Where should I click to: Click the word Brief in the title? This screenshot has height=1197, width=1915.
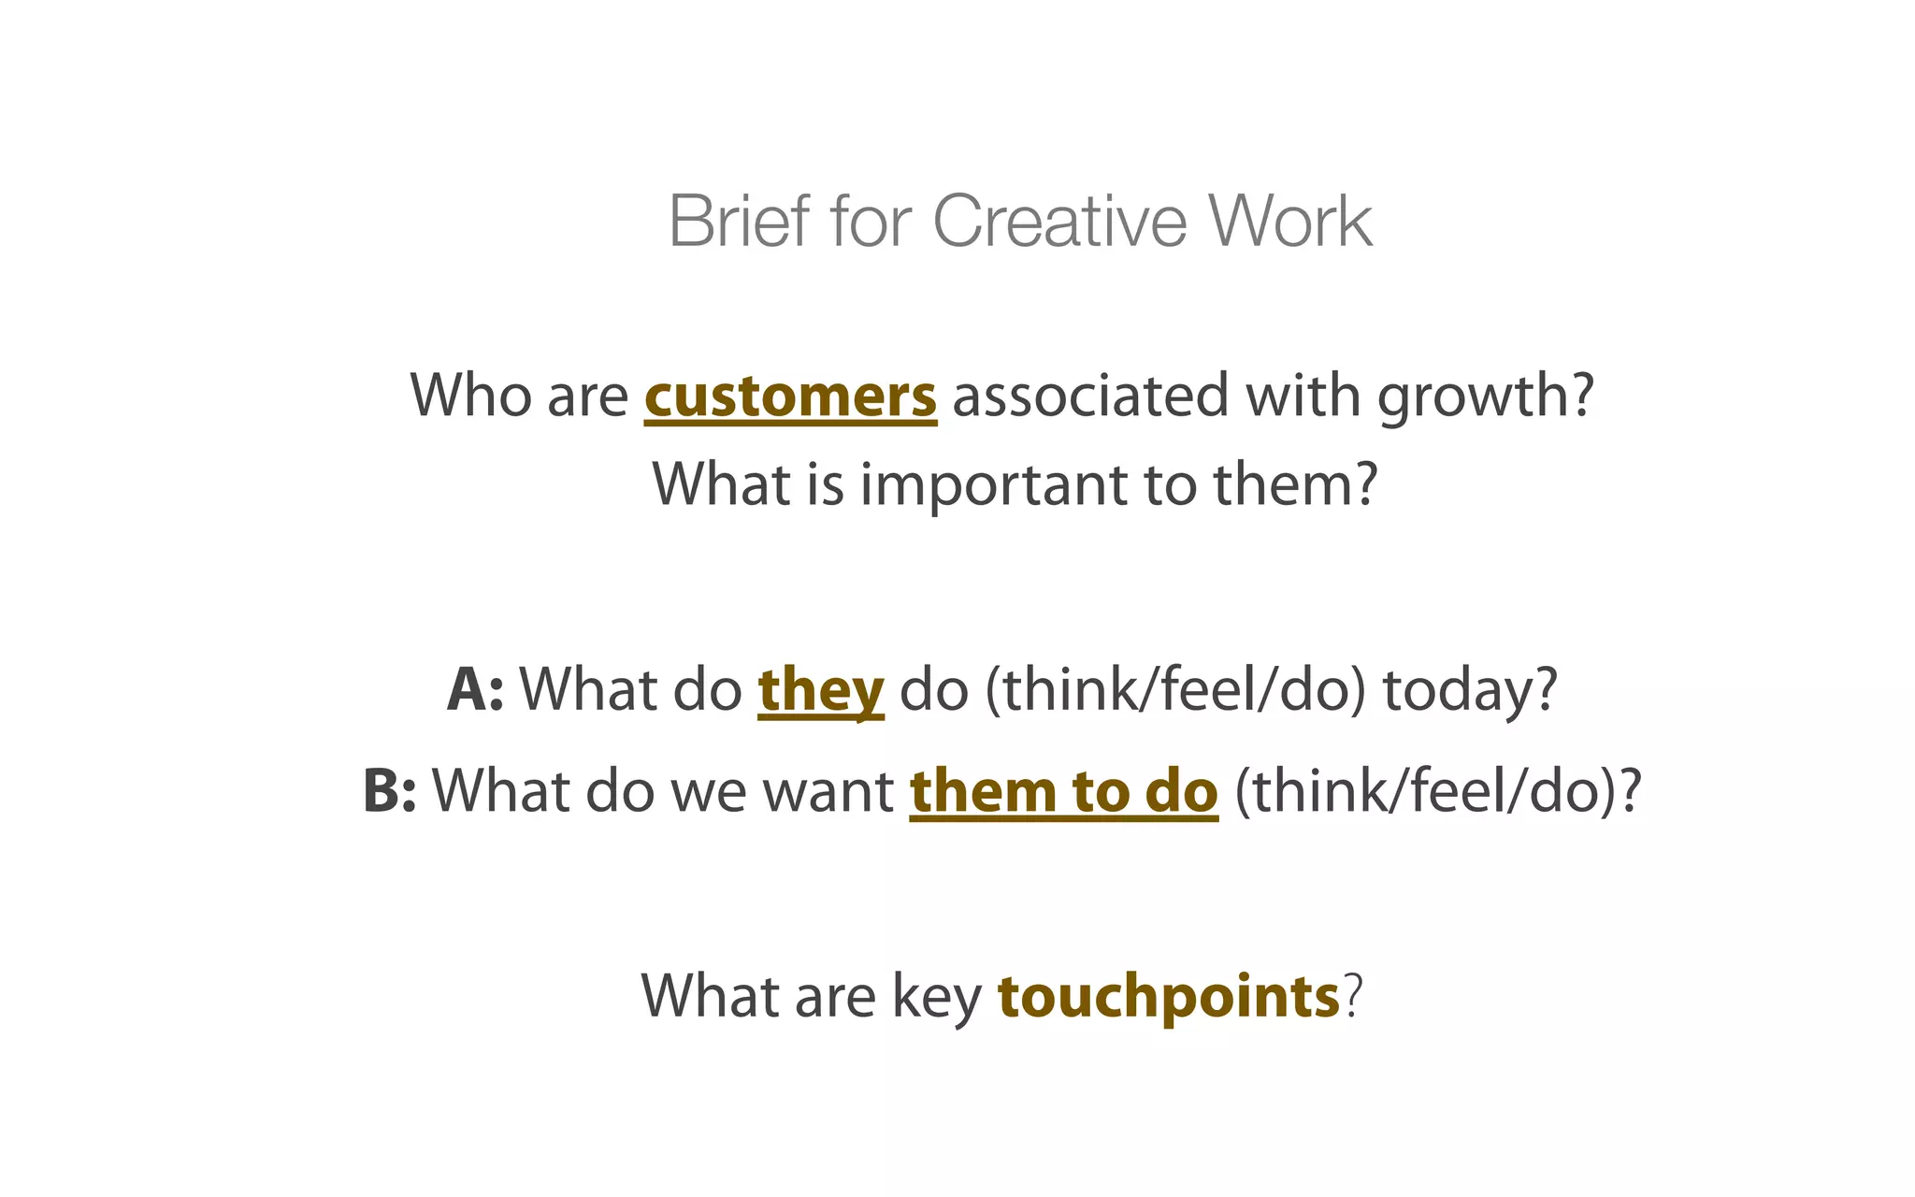click(x=739, y=222)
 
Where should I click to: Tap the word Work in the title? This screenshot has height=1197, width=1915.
click(x=1289, y=222)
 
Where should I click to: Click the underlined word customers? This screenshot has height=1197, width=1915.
click(x=790, y=397)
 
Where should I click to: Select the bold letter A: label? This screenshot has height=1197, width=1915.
click(x=475, y=690)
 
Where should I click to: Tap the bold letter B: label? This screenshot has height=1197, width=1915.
click(x=389, y=791)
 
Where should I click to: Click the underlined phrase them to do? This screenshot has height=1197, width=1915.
click(x=1063, y=791)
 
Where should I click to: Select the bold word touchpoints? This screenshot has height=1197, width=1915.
click(x=1169, y=997)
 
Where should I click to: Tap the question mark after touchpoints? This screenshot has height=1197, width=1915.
click(x=1352, y=997)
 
